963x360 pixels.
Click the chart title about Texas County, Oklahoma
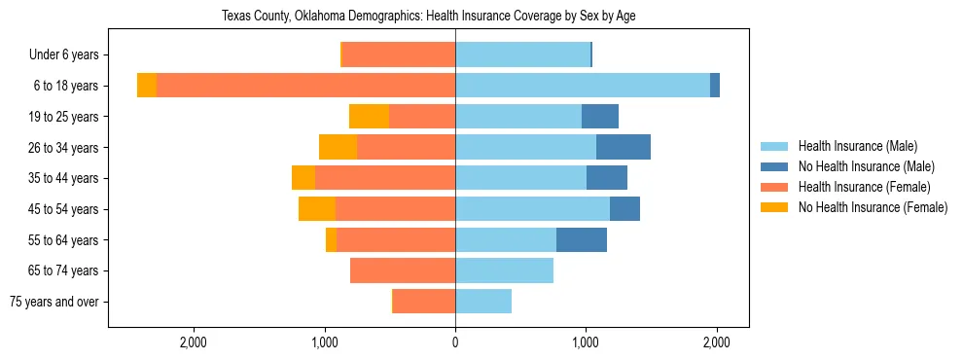[428, 16]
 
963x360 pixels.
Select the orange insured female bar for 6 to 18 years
[305, 86]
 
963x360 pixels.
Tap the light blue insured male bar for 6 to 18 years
[582, 86]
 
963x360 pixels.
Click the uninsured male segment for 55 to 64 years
[582, 240]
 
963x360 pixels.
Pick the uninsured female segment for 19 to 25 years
[369, 117]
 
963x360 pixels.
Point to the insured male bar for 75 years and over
[483, 302]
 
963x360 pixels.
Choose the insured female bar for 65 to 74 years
[403, 270]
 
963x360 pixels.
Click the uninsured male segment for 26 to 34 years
[624, 148]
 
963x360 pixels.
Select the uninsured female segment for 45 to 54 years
[317, 209]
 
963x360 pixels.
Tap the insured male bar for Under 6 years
[522, 55]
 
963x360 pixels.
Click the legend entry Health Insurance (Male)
[857, 146]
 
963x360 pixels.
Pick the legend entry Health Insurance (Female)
[864, 187]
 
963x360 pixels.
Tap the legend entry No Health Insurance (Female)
[873, 207]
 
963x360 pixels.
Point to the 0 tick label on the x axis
[455, 342]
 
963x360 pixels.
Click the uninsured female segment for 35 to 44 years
[303, 178]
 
